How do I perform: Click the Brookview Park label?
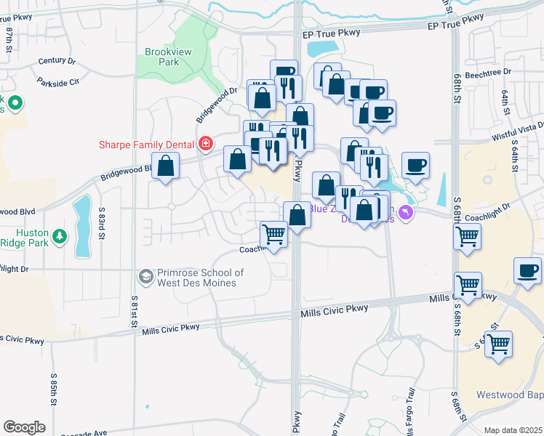(x=161, y=57)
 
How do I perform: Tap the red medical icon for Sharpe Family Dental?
(x=206, y=143)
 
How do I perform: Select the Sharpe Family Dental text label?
(x=148, y=144)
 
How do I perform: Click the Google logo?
(x=24, y=427)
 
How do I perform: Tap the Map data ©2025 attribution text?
(x=513, y=430)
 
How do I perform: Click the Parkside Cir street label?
(x=60, y=82)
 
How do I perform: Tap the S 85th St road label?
(x=54, y=389)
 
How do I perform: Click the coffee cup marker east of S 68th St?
(x=527, y=272)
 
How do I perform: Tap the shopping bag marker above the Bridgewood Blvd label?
(x=166, y=166)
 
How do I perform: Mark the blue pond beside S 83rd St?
(x=82, y=225)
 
